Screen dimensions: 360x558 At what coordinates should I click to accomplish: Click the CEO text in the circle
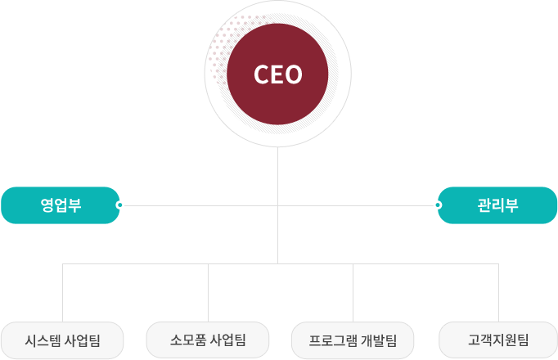coord(278,75)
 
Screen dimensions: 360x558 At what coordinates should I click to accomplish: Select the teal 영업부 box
coord(61,205)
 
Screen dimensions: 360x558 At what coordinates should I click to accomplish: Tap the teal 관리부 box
coord(497,205)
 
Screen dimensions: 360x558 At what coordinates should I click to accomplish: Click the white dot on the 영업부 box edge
coord(119,205)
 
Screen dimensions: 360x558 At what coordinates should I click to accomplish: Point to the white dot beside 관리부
coord(439,205)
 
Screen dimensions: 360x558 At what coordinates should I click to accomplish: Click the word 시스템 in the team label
coord(44,340)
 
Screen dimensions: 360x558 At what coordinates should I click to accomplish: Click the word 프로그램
coord(331,340)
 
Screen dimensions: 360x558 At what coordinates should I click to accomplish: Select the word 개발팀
coord(379,340)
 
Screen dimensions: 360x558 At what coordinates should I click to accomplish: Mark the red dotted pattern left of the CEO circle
coord(218,53)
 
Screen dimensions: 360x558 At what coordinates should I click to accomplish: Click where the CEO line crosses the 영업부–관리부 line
coord(278,205)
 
